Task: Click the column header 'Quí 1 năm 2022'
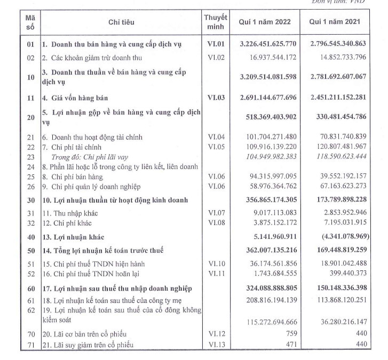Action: click(265, 22)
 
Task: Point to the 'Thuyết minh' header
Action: click(216, 22)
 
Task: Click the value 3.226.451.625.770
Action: click(265, 44)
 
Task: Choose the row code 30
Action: click(30, 199)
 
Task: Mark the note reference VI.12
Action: click(216, 334)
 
